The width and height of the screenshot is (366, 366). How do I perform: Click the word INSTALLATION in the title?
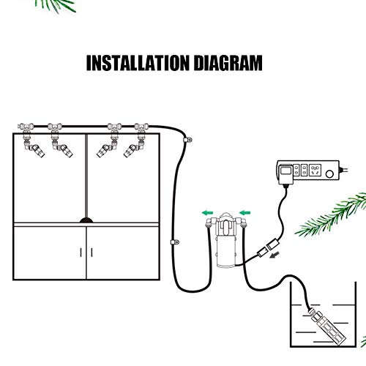[138, 63]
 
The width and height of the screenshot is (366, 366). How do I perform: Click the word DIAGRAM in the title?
[228, 63]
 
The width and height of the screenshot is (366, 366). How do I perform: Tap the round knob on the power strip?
[329, 174]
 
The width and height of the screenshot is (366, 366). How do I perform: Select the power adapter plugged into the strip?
[286, 174]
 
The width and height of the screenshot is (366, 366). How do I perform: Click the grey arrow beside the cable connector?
[274, 255]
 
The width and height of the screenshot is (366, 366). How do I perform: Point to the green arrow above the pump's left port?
[207, 213]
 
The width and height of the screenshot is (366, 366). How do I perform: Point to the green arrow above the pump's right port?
[244, 213]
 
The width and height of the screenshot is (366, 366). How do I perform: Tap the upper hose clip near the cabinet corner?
[187, 140]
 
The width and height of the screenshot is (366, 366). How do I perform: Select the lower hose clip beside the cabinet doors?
[175, 242]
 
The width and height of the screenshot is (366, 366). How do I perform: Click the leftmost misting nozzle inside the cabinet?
[34, 150]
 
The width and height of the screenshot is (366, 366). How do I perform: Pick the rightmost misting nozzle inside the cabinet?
[132, 150]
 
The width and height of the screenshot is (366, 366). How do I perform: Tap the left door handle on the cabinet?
[81, 253]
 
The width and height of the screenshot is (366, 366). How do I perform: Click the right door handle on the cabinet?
[91, 253]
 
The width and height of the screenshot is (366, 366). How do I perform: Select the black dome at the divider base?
[86, 220]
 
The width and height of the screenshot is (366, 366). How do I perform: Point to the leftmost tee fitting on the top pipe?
[26, 127]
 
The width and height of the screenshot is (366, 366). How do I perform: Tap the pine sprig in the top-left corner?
[56, 6]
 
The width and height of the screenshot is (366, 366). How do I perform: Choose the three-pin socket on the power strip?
[315, 171]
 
